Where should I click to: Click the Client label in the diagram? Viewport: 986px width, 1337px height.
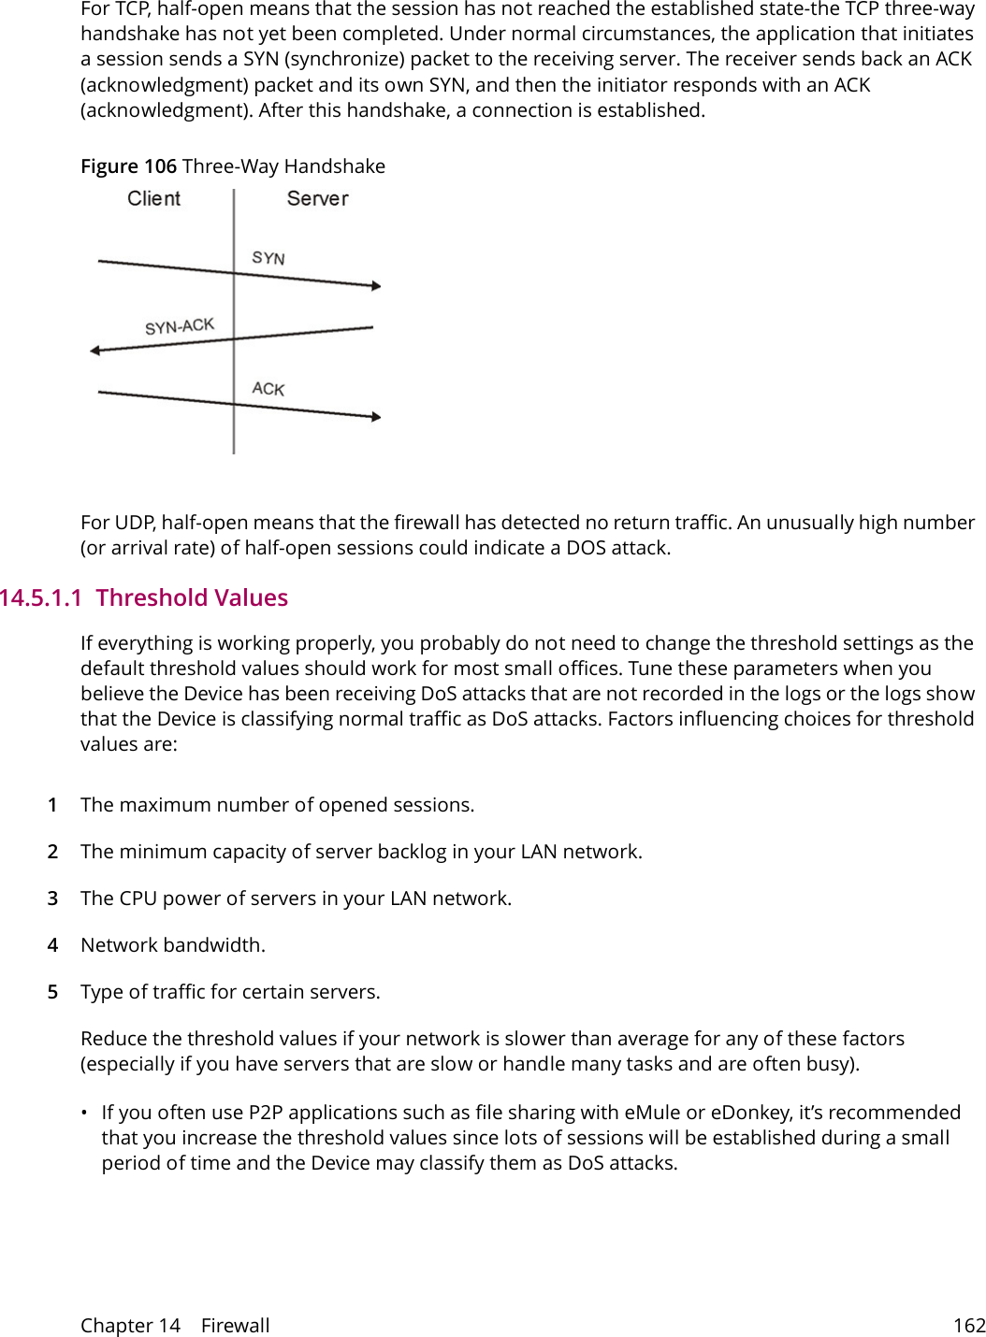pyautogui.click(x=153, y=199)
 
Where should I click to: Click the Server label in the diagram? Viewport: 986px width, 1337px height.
pyautogui.click(x=317, y=199)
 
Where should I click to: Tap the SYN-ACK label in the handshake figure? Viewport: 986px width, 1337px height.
pyautogui.click(x=180, y=326)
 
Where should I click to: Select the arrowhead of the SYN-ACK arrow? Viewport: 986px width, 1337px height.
pyautogui.click(x=94, y=351)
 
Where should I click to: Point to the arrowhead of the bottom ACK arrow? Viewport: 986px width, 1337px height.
pyautogui.click(x=376, y=417)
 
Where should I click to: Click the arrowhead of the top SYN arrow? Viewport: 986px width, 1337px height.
pyautogui.click(x=376, y=285)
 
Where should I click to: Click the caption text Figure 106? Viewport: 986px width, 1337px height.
pyautogui.click(x=128, y=166)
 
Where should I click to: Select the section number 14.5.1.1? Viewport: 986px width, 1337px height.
pyautogui.click(x=41, y=598)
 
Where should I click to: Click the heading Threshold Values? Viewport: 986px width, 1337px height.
pyautogui.click(x=192, y=598)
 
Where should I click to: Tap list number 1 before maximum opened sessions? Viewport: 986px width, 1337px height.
pyautogui.click(x=53, y=805)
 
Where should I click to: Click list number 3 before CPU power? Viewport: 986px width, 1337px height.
pyautogui.click(x=53, y=899)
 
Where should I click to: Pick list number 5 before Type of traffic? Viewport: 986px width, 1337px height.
pyautogui.click(x=53, y=992)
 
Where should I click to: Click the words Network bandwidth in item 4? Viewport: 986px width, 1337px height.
pyautogui.click(x=172, y=945)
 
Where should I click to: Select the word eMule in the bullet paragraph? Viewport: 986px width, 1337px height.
pyautogui.click(x=652, y=1113)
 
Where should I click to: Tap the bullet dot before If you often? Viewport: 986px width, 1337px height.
pyautogui.click(x=84, y=1113)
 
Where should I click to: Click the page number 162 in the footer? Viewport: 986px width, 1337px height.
pyautogui.click(x=969, y=1326)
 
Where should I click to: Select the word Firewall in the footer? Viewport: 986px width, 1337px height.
pyautogui.click(x=235, y=1326)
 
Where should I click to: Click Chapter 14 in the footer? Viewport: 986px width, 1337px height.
pyautogui.click(x=130, y=1326)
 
